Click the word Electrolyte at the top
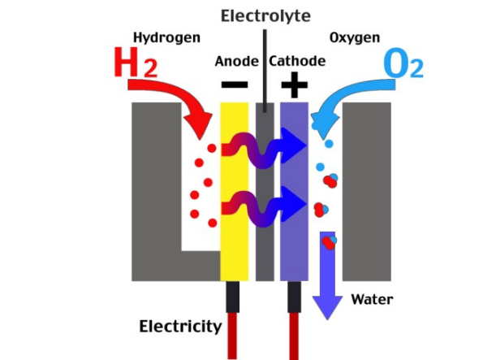pos(265,16)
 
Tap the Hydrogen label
pos(166,38)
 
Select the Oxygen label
pos(355,38)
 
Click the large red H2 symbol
pos(136,63)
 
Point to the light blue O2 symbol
pos(403,63)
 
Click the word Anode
pos(237,62)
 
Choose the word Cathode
pos(297,61)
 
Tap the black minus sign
pos(235,85)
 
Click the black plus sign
pos(294,85)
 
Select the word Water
pos(372,299)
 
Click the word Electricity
pos(180,327)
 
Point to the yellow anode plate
pos(235,192)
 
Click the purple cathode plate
pos(294,192)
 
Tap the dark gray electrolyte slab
pos(265,192)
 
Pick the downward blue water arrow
pos(327,275)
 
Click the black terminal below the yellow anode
pos(232,297)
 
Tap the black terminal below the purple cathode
pos(294,297)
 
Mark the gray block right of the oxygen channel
pos(367,192)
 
